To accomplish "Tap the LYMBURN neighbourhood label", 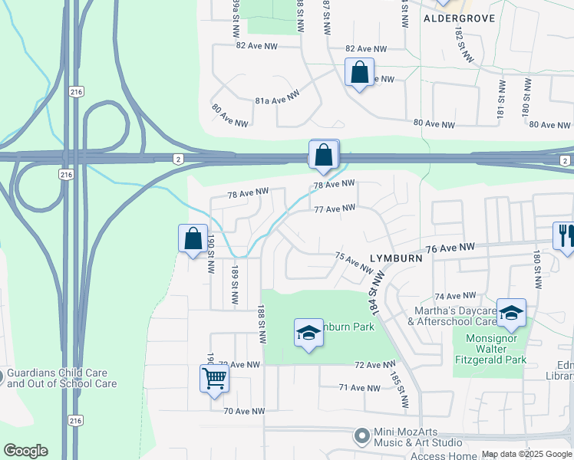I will [x=396, y=259].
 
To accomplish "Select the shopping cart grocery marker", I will [x=214, y=378].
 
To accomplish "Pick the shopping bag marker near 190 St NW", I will [x=193, y=238].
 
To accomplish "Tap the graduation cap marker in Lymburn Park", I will [x=308, y=333].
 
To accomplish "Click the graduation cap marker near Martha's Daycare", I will [x=511, y=312].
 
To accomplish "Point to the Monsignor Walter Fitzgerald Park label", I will [x=490, y=348].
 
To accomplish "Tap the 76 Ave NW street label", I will [x=451, y=248].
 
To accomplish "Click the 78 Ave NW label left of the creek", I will [x=248, y=194].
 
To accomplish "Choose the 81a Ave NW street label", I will [x=276, y=100].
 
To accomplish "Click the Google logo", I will [x=25, y=451].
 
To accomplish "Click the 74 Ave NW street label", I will [x=455, y=296].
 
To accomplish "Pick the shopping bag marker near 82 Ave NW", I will [x=359, y=74].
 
